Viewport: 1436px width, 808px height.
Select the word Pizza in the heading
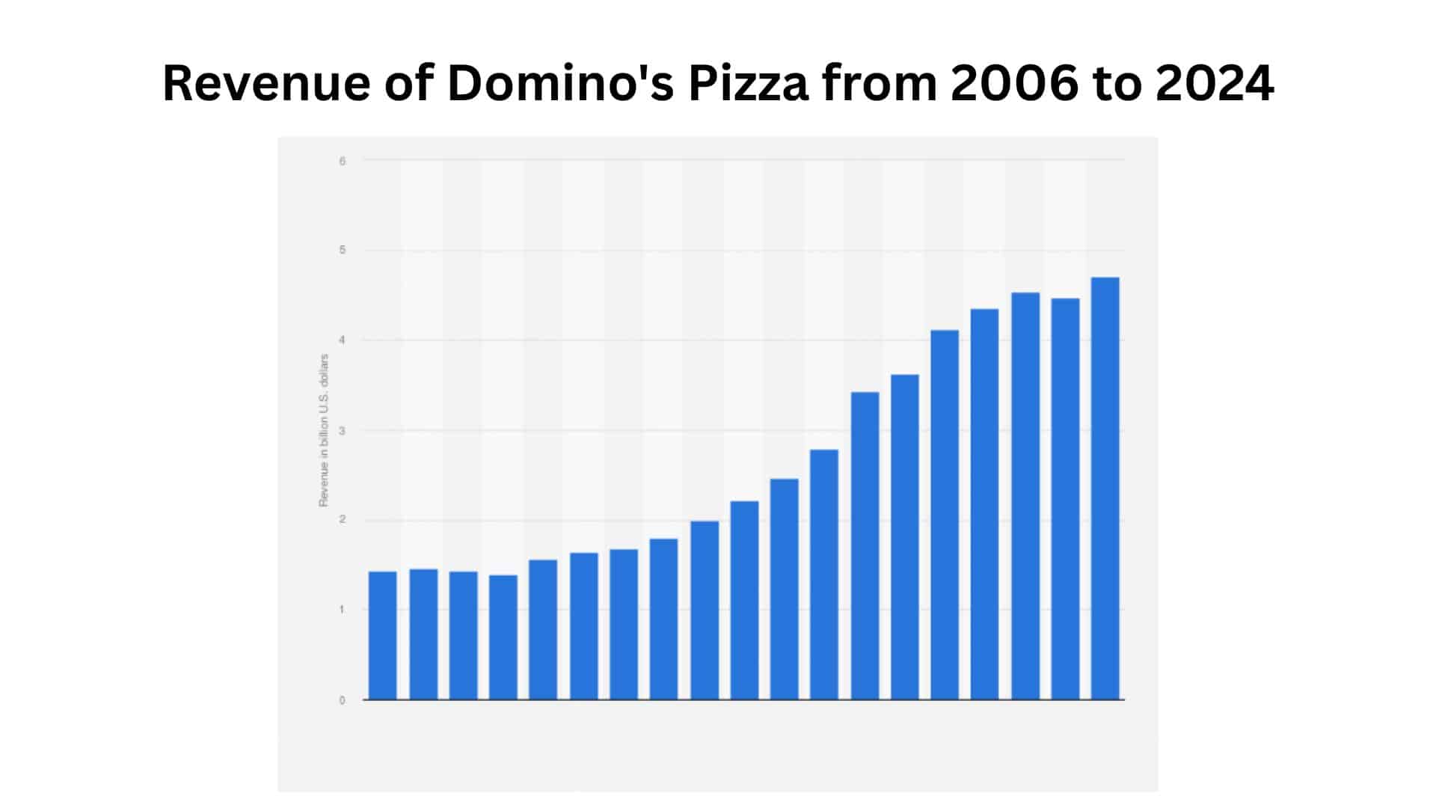click(748, 83)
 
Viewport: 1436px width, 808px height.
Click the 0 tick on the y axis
click(343, 701)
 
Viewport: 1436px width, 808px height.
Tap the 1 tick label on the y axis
click(343, 610)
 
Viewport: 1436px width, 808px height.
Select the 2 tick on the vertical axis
click(343, 520)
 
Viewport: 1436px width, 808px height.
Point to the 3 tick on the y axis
click(343, 430)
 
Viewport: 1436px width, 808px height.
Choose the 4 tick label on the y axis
click(343, 340)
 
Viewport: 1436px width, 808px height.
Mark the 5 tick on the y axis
click(343, 250)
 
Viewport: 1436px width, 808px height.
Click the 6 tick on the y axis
click(343, 161)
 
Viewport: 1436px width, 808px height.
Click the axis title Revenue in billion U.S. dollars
click(324, 430)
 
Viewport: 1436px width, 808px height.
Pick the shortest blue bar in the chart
click(503, 637)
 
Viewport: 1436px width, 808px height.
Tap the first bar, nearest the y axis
click(383, 636)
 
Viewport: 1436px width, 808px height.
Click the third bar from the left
click(464, 636)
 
